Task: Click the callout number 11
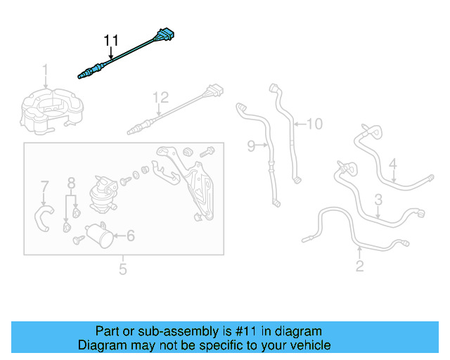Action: point(112,41)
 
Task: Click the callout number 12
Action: point(161,98)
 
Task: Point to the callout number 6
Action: point(130,237)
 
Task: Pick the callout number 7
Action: point(44,187)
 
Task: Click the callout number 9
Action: point(251,146)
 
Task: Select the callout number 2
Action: point(359,265)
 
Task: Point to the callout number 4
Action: point(393,165)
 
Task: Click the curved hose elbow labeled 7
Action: point(44,215)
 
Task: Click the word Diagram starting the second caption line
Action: point(100,345)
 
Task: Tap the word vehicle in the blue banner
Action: point(309,345)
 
